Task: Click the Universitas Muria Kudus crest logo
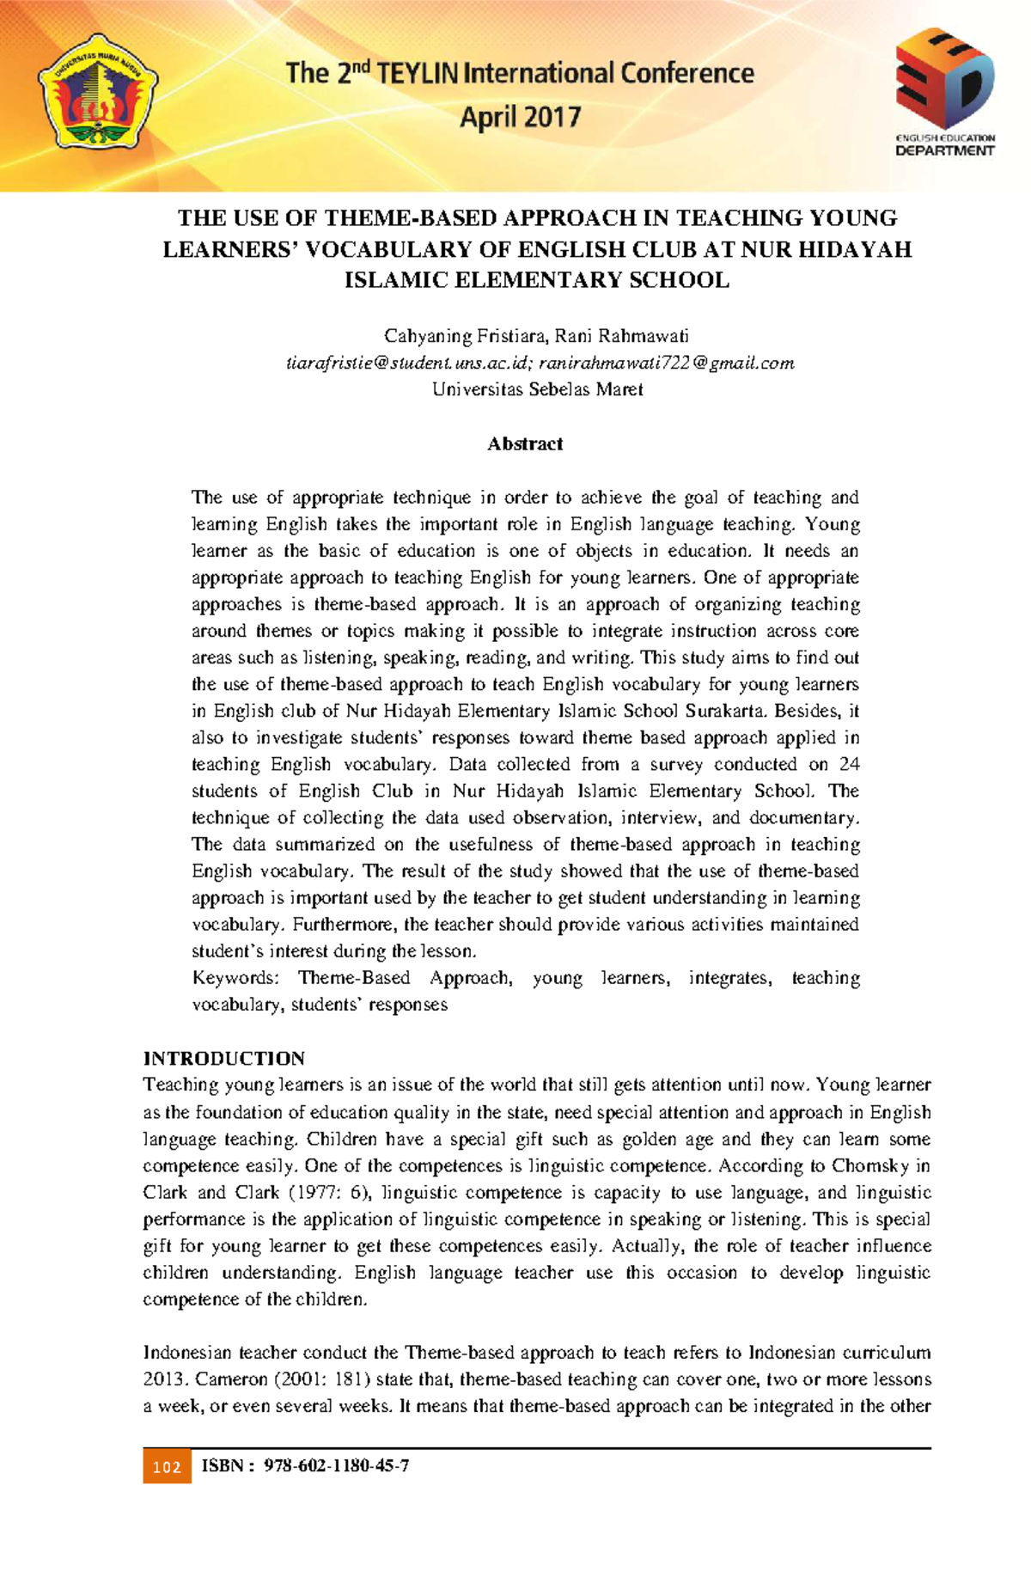(x=96, y=93)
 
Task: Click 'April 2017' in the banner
(x=521, y=117)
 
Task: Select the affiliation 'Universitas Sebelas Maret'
(x=537, y=389)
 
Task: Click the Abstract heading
(x=524, y=443)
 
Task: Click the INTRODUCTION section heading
(x=223, y=1058)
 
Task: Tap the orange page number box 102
(x=167, y=1466)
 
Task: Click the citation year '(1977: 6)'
(x=327, y=1193)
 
